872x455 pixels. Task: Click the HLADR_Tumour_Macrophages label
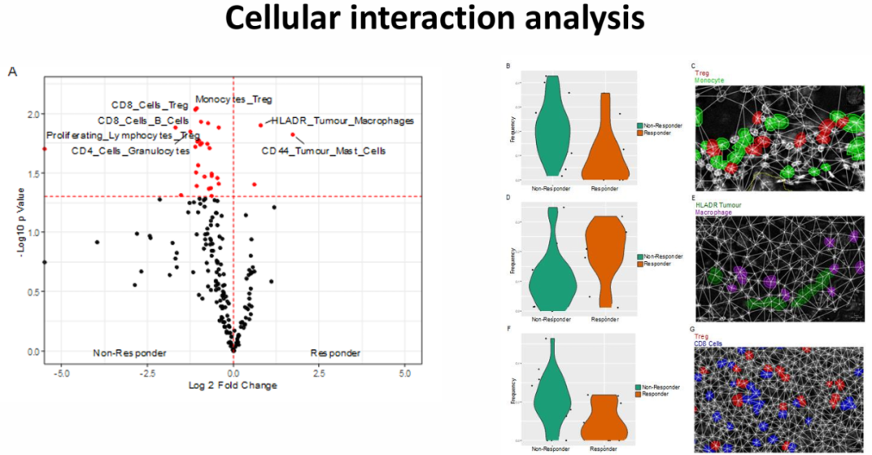click(342, 120)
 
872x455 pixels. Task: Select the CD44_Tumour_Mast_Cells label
click(323, 150)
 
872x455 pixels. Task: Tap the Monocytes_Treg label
click(233, 99)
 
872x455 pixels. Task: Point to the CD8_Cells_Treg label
click(149, 105)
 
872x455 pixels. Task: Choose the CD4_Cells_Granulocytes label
click(130, 150)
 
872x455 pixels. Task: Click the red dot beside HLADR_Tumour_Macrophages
click(261, 125)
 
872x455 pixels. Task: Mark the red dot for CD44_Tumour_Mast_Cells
click(293, 135)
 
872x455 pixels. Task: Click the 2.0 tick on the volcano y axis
click(31, 114)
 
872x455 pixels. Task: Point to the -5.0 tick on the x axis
click(62, 373)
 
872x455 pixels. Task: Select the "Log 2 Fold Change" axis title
click(233, 385)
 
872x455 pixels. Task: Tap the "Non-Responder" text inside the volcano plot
click(129, 353)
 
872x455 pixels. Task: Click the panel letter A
click(13, 72)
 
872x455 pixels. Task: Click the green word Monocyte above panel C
click(708, 80)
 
